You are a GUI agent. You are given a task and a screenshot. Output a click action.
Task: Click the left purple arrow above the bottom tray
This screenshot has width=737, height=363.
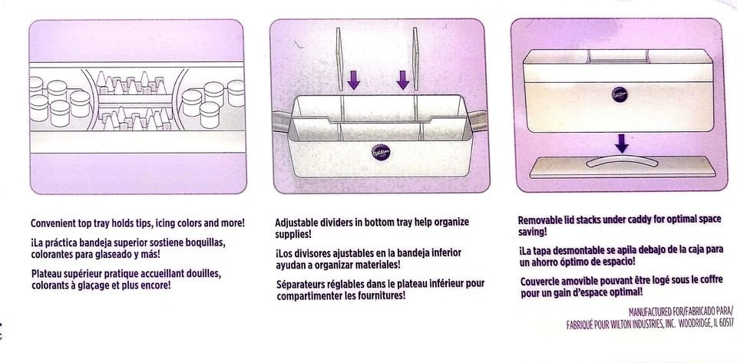point(353,81)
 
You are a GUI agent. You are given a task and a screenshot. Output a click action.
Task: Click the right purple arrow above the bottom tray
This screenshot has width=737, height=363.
point(403,81)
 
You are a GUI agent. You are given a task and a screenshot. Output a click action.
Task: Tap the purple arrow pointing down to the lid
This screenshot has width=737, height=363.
point(621,144)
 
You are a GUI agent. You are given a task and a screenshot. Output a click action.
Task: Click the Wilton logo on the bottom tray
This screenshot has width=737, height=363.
point(381,152)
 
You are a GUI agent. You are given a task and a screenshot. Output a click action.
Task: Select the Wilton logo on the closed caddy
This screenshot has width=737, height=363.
point(620,94)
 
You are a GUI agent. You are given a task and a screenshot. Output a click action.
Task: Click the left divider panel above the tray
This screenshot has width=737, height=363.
point(339,59)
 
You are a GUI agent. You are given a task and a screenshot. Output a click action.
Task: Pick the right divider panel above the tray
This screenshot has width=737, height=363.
point(415,59)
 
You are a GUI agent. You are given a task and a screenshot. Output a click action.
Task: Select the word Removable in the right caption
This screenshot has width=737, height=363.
point(539,220)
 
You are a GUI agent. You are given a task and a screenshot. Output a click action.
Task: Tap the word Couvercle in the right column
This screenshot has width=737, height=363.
point(540,282)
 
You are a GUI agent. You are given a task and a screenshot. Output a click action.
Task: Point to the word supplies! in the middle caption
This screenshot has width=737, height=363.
point(293,234)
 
